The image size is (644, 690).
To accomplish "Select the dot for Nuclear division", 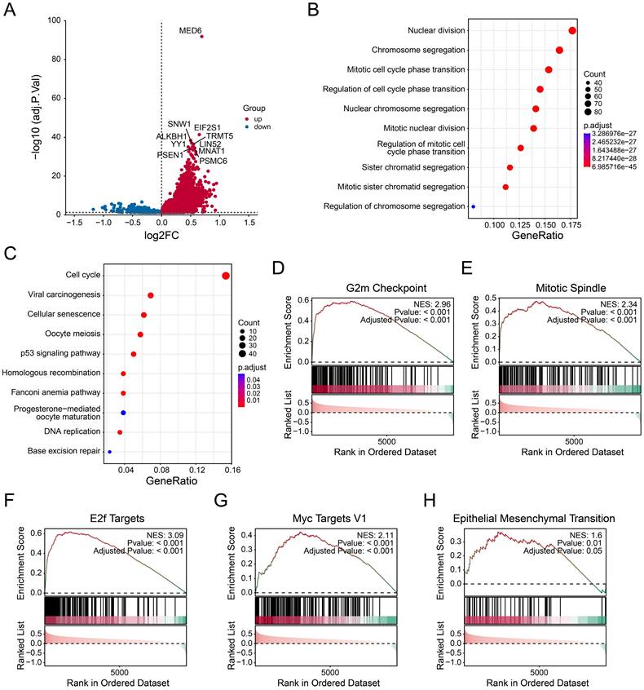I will [x=572, y=31].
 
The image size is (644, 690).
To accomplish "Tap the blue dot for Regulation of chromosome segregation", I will [x=474, y=206].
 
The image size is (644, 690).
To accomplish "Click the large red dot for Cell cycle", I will [x=226, y=275].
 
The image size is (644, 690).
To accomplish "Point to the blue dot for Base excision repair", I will [x=109, y=450].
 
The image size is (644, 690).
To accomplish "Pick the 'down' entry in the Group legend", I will [x=263, y=126].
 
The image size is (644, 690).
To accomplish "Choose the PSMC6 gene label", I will [x=213, y=161].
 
